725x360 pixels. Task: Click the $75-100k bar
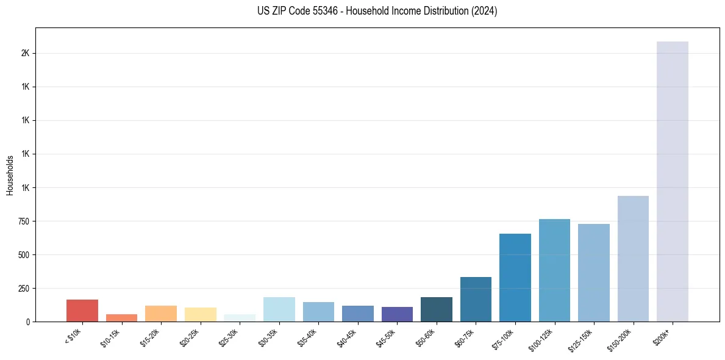[515, 278]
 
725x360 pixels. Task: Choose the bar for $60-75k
[476, 300]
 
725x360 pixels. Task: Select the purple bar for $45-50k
[397, 314]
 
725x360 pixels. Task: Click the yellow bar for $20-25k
[201, 315]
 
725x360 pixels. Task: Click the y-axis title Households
[10, 175]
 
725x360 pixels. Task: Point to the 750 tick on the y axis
[25, 221]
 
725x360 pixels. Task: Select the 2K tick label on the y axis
[25, 53]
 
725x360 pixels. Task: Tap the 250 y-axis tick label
[25, 288]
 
